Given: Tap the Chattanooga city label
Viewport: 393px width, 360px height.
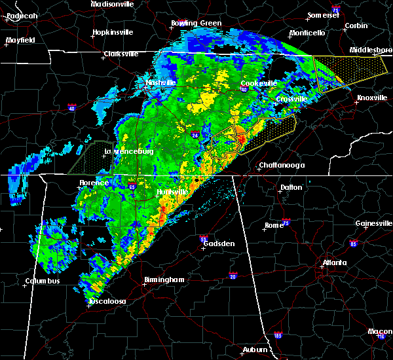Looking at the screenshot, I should [282, 165].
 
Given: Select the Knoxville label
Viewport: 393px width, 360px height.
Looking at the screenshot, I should [371, 98].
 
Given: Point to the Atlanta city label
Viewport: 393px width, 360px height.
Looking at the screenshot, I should [334, 264].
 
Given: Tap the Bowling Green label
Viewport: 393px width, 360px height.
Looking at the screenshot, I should [196, 23].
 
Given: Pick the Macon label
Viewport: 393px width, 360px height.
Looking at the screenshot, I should [380, 331].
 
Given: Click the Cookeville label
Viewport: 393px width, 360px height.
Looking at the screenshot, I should [258, 83].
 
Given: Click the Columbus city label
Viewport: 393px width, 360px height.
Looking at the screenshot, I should [43, 281].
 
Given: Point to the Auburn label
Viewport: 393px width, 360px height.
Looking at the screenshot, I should [255, 350].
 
